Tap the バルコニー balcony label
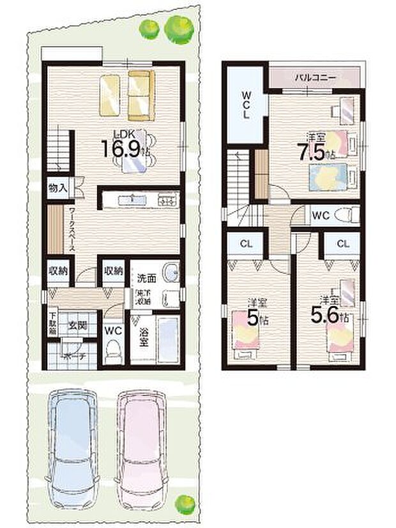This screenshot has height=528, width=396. pos(312,78)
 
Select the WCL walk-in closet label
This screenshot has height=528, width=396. pos(245,105)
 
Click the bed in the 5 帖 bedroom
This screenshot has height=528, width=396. pos(244,325)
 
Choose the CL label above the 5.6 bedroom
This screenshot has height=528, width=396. pos(343,244)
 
